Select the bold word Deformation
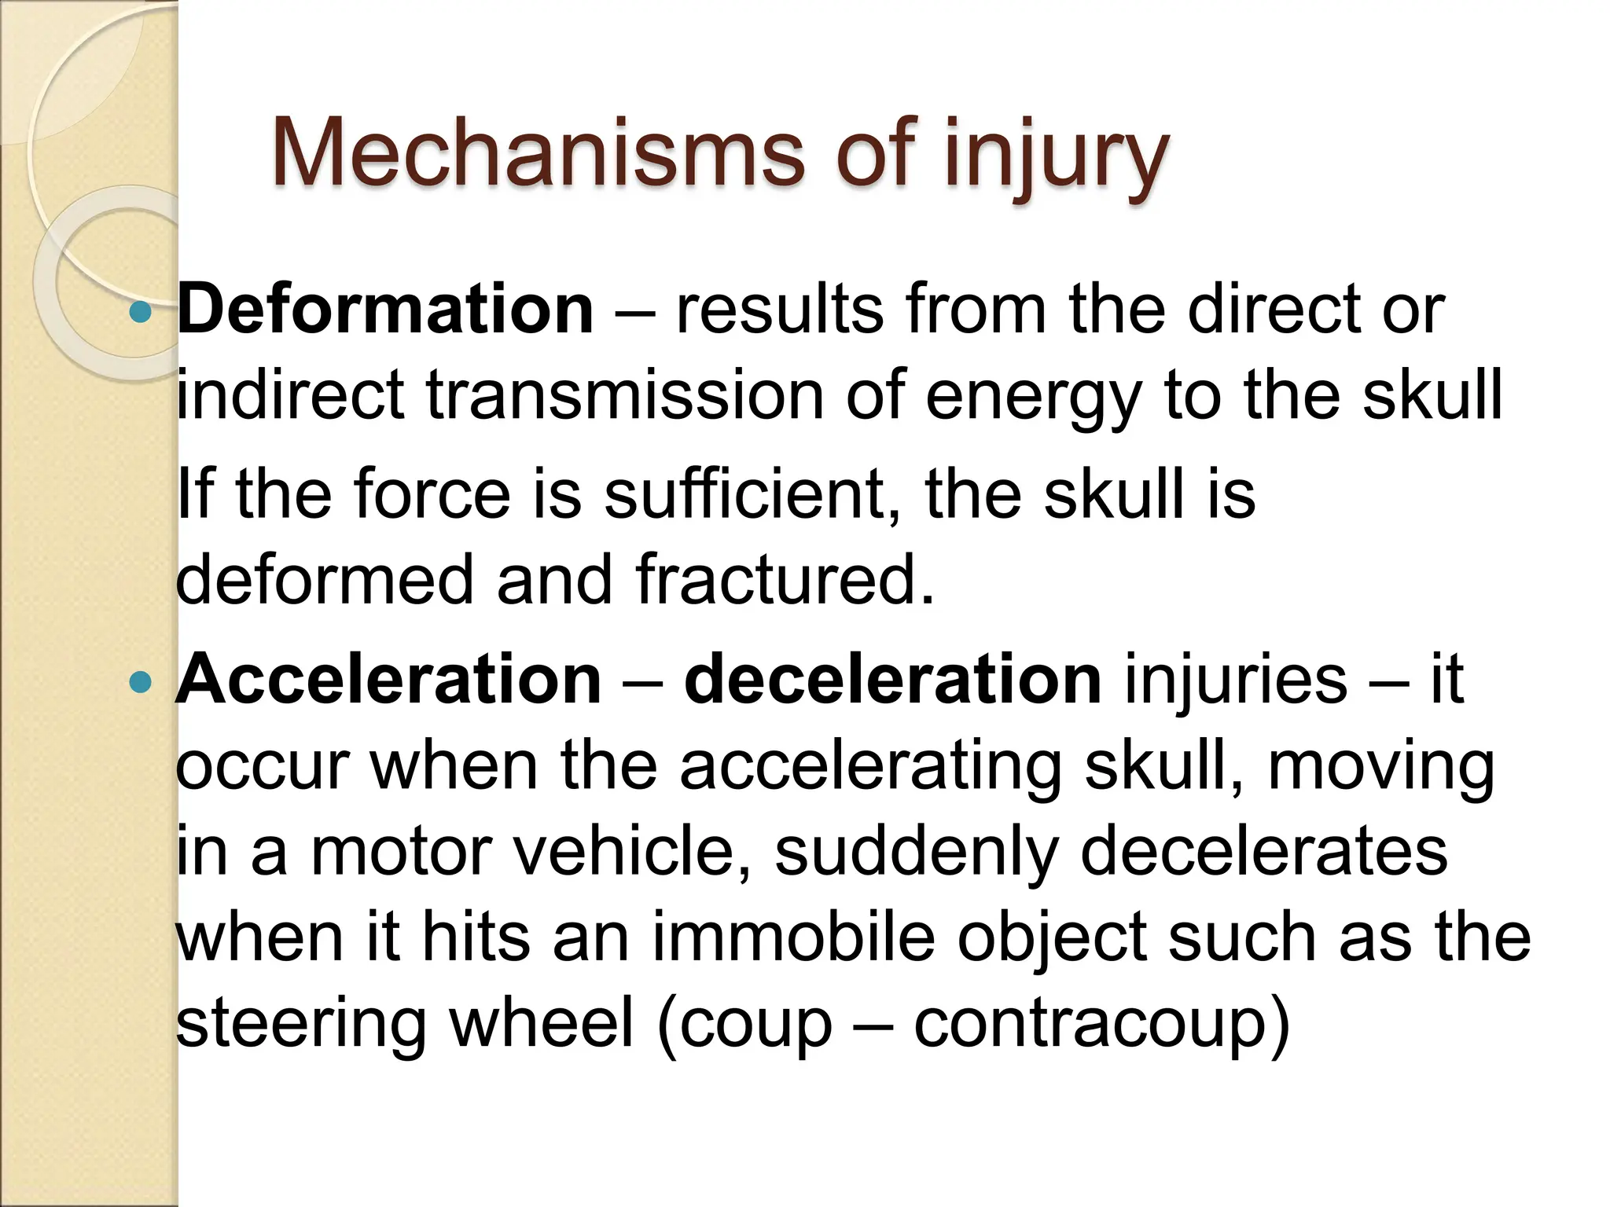385,310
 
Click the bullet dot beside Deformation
140,312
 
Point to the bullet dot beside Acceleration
140,681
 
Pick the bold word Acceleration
388,679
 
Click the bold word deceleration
893,679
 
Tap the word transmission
625,394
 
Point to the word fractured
785,580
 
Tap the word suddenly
917,853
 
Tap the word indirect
290,394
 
